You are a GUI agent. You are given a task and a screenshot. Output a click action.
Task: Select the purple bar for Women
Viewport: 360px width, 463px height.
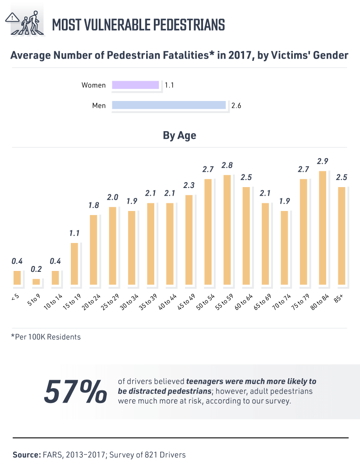[x=135, y=85]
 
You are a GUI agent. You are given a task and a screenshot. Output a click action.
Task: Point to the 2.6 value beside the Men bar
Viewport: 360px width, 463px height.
[x=236, y=105]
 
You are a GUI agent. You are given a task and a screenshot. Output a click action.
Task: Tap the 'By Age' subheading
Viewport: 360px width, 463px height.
[x=180, y=135]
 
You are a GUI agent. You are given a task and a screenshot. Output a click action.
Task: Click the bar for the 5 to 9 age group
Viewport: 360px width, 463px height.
[x=36, y=282]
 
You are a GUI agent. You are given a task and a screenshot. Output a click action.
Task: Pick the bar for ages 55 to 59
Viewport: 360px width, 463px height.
[x=227, y=230]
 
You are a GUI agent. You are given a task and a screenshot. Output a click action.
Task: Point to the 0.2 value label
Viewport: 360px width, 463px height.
[x=36, y=269]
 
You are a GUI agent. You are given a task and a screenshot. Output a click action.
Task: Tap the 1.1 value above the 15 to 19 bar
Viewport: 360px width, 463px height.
[x=74, y=233]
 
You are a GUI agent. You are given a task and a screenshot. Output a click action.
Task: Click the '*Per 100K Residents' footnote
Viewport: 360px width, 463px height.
[x=46, y=337]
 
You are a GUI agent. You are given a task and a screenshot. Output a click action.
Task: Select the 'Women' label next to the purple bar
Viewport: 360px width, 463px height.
[x=93, y=85]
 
